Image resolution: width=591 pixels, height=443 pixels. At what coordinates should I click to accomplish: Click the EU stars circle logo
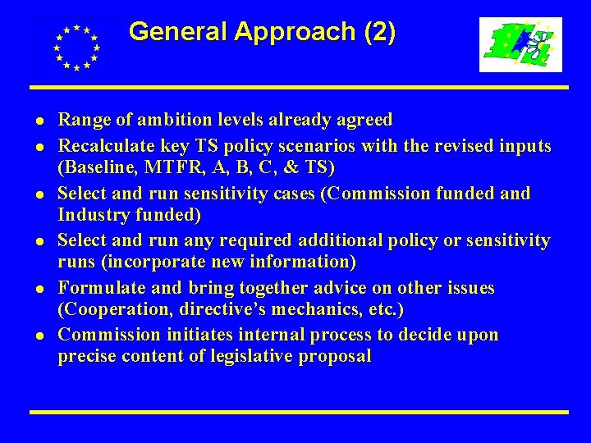click(x=76, y=47)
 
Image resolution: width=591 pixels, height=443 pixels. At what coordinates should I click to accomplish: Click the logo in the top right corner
click(x=520, y=44)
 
